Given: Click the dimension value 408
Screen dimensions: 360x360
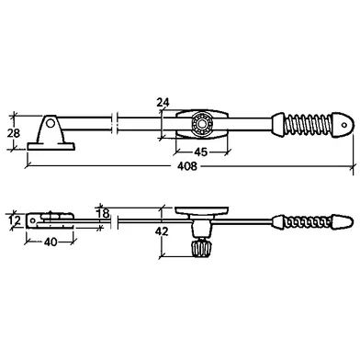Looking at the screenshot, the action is click(187, 166).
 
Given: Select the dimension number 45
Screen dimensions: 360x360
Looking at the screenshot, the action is click(201, 152).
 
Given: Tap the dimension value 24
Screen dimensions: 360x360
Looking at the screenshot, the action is click(163, 102).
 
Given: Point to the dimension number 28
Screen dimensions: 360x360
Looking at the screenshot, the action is click(13, 133).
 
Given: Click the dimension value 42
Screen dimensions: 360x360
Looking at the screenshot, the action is click(162, 231).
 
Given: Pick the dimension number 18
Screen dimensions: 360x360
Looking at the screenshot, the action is click(103, 213).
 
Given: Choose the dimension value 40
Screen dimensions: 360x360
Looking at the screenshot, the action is click(51, 242).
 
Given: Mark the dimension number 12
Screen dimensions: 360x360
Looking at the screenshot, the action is click(14, 220).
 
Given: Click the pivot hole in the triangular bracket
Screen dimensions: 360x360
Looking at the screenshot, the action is click(51, 124).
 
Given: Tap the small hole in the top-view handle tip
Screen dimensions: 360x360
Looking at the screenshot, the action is click(344, 125).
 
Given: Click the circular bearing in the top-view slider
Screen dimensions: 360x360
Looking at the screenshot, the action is click(202, 125).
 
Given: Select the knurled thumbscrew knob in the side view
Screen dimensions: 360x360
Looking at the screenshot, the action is click(200, 247).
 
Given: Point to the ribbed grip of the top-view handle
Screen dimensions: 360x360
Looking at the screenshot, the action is click(308, 125).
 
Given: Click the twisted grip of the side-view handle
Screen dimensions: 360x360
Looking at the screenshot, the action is click(308, 222).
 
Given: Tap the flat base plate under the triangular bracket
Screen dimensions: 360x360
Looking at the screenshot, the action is click(51, 147).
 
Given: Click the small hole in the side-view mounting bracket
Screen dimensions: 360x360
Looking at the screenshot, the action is click(32, 220).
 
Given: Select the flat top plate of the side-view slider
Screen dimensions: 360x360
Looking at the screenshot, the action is click(202, 210).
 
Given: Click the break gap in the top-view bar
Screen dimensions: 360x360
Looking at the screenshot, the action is click(115, 124).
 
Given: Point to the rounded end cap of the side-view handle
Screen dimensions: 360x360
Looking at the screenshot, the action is click(343, 222).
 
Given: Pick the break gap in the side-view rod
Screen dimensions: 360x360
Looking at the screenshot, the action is click(114, 221).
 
